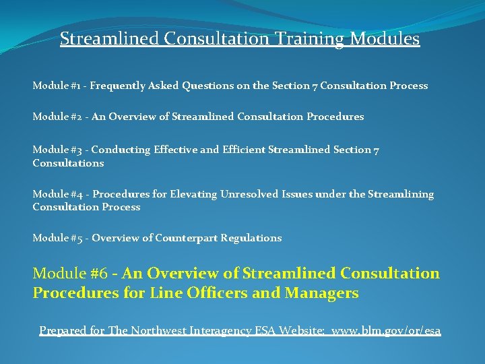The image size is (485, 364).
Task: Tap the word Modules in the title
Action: (385, 39)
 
